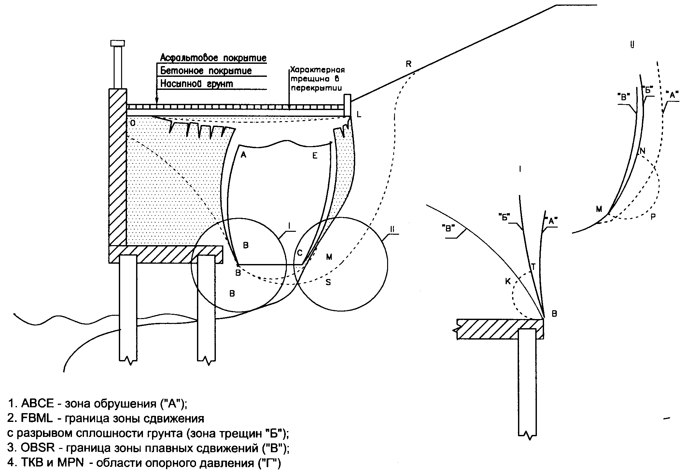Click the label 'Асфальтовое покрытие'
pos(213,58)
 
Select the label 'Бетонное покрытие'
pos(206,71)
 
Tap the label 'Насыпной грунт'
pos(197,84)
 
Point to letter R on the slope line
pos(409,64)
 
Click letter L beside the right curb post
pos(359,114)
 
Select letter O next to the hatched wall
pos(133,123)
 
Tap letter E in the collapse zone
pos(315,156)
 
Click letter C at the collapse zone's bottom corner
pos(300,253)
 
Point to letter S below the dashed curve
pos(328,283)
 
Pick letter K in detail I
pos(508,282)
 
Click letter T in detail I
pos(533,267)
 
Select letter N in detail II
pos(642,151)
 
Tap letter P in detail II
pos(653,217)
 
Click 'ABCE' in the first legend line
pos(37,404)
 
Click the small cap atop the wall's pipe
pos(118,43)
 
